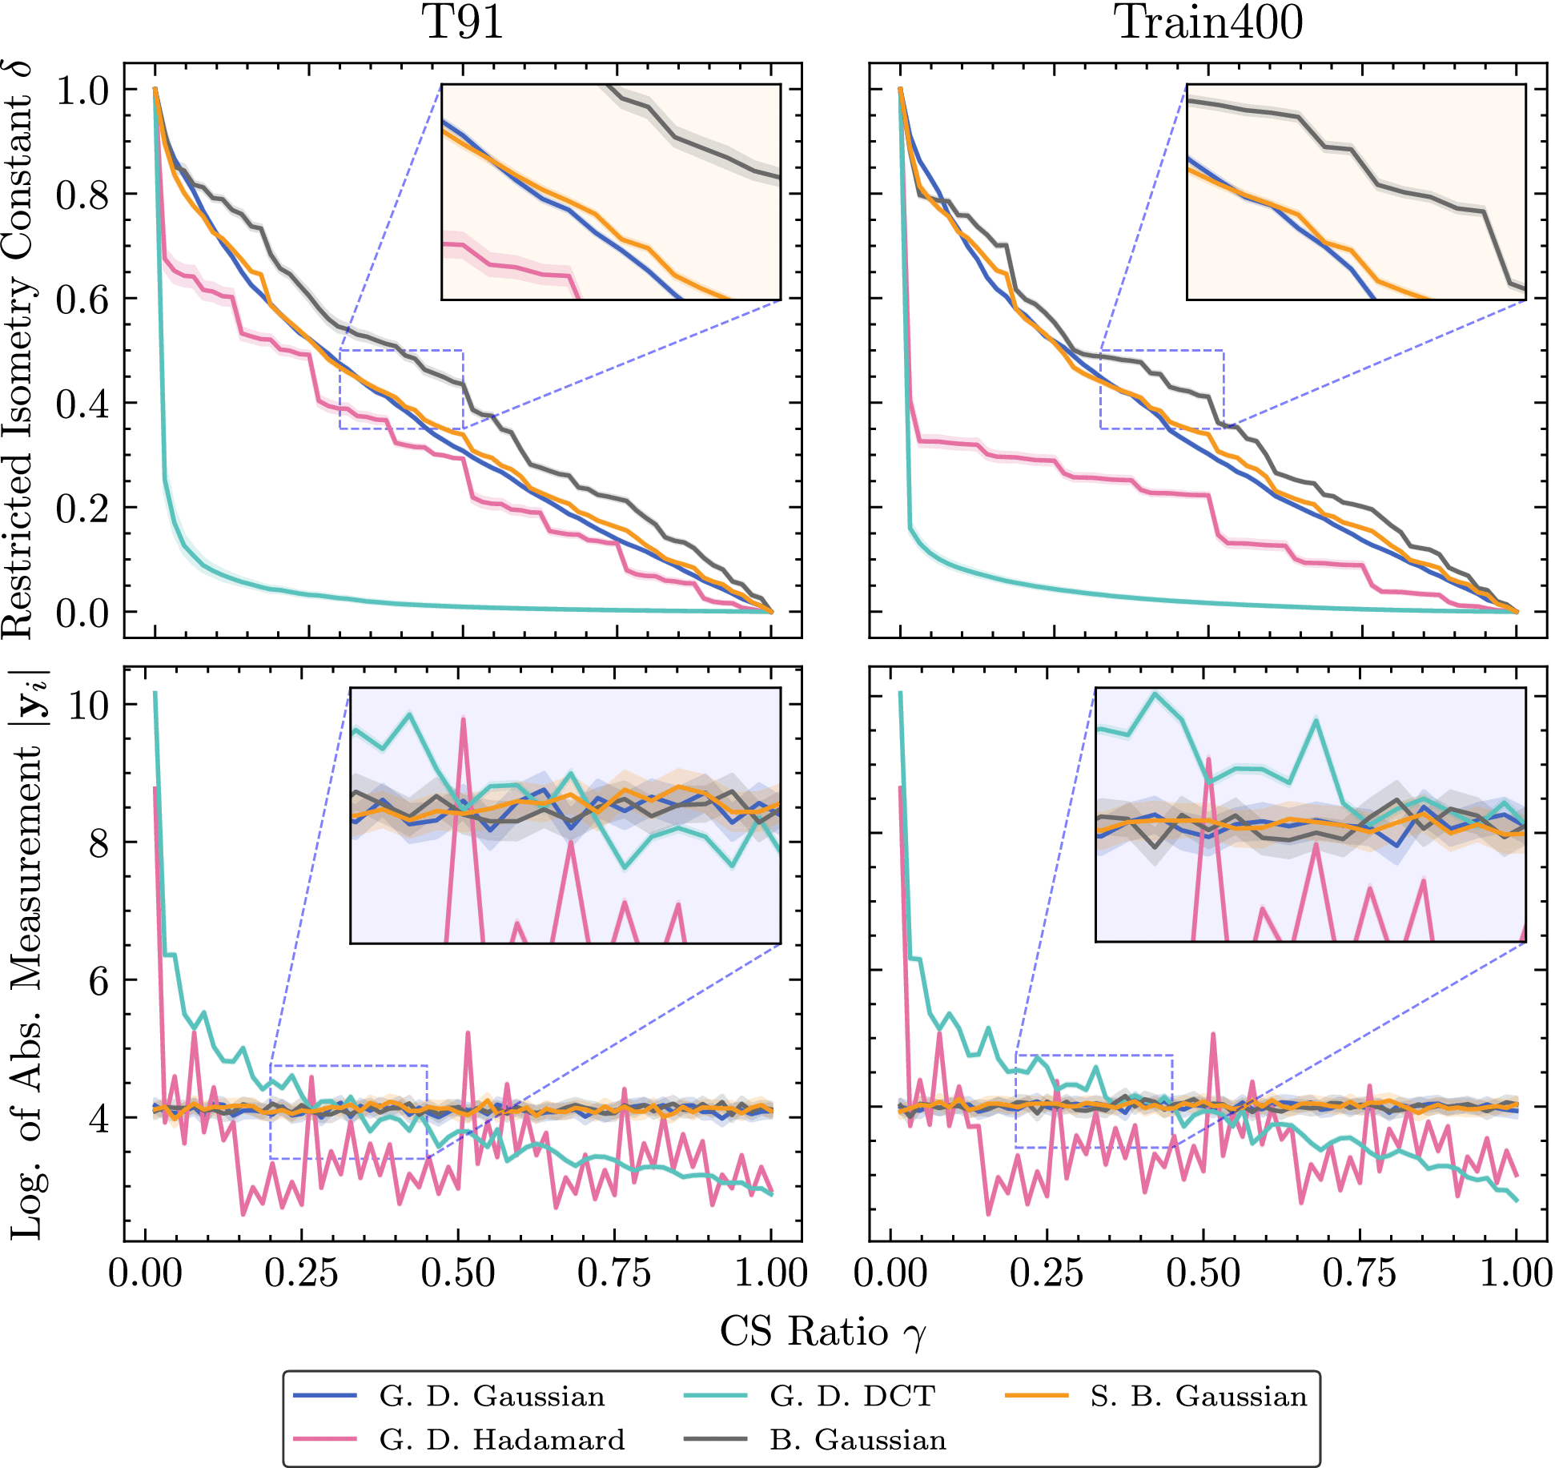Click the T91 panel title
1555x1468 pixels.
(462, 22)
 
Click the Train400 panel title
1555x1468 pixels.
(1207, 22)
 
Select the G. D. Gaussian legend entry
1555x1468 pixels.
(448, 1396)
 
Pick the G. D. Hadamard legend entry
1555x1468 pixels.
(459, 1439)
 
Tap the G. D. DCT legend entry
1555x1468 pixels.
(809, 1396)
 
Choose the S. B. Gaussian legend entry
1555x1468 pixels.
(1155, 1396)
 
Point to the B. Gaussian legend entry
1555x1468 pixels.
(815, 1439)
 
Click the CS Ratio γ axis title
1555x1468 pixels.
(823, 1332)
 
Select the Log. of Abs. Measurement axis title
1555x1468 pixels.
(29, 953)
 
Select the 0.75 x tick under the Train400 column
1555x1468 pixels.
(1359, 1273)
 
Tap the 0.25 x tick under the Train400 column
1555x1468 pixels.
(1047, 1273)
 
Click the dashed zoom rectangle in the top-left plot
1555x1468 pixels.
(401, 350)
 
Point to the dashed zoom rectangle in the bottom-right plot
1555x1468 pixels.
(1094, 1056)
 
